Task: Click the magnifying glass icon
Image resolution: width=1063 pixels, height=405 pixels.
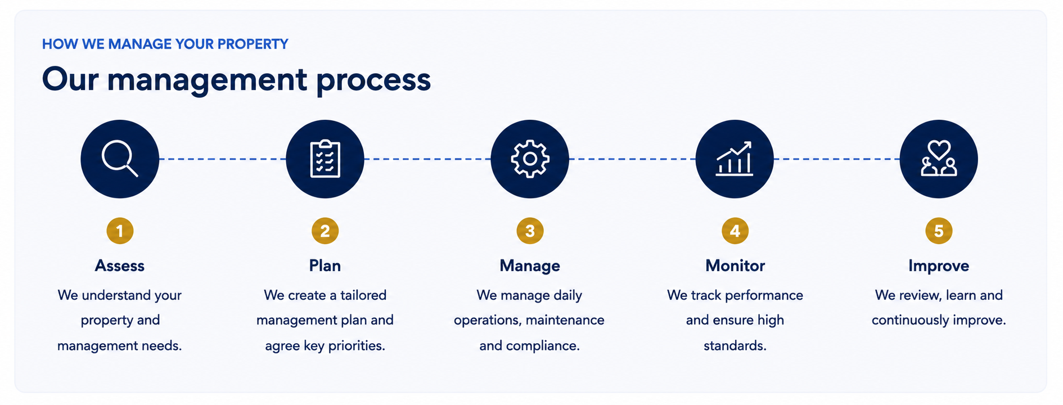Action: click(x=120, y=159)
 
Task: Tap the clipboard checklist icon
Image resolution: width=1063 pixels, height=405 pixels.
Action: click(x=325, y=159)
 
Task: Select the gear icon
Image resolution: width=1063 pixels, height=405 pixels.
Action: click(x=530, y=159)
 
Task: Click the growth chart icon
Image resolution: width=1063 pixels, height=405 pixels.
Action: click(x=735, y=159)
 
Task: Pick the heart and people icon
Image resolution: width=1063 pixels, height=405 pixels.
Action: click(x=939, y=159)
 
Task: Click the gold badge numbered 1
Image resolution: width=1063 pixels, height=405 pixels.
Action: click(x=120, y=231)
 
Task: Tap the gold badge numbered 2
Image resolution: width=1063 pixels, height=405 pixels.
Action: click(x=325, y=231)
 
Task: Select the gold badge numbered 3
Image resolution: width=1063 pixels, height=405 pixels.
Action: click(x=530, y=231)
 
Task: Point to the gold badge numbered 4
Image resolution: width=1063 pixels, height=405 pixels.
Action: click(x=735, y=231)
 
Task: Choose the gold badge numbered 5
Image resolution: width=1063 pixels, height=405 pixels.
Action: click(x=939, y=231)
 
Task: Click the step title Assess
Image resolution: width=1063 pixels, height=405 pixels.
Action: click(x=120, y=265)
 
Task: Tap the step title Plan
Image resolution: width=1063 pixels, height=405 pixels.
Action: click(x=325, y=265)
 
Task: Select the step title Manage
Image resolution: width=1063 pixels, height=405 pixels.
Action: click(x=530, y=266)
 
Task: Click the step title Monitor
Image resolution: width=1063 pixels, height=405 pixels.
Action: click(x=735, y=265)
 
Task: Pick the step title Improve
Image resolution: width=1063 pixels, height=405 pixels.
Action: click(x=939, y=266)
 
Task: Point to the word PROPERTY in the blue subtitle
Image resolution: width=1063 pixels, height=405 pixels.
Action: click(x=253, y=44)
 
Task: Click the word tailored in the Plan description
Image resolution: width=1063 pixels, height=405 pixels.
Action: click(x=363, y=295)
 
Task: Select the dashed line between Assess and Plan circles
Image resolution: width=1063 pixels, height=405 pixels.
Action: click(x=222, y=159)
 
